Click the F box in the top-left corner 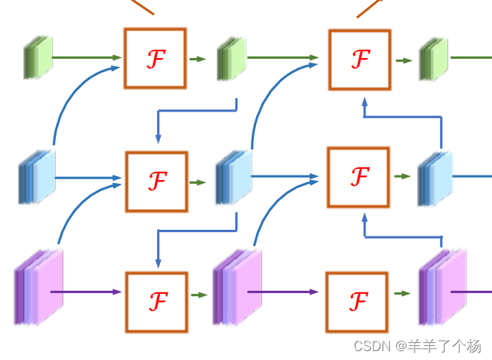tap(155, 58)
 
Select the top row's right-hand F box tap(360, 58)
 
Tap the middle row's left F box tap(156, 180)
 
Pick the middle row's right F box tap(359, 177)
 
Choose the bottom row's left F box tap(157, 300)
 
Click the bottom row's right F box tap(357, 300)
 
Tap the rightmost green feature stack tap(434, 58)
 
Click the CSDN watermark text tap(417, 346)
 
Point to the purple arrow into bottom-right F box tap(290, 292)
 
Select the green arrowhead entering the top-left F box tap(116, 57)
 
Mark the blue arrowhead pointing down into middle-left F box tap(158, 138)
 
